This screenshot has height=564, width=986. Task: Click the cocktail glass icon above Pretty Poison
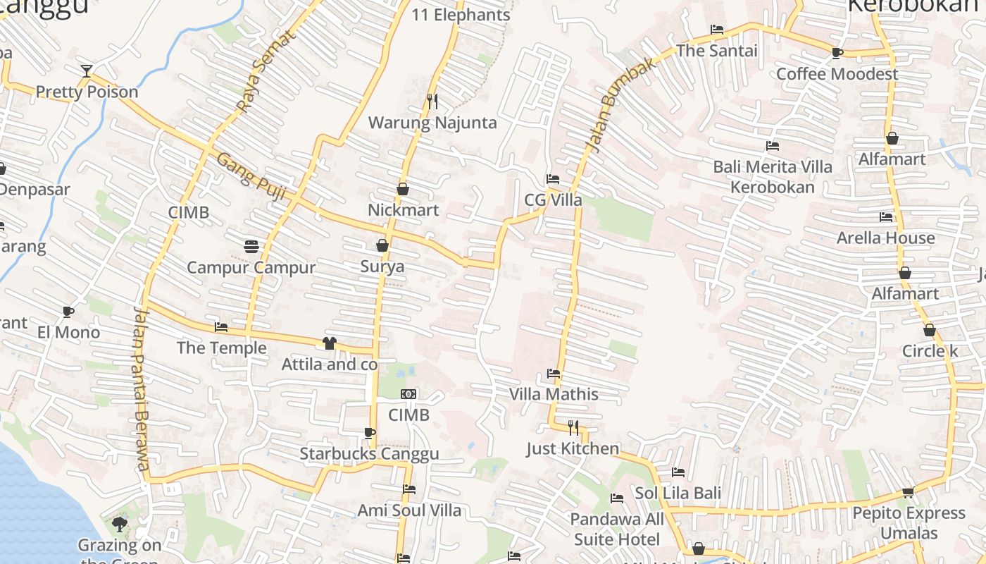click(86, 70)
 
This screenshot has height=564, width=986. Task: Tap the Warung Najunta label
click(432, 123)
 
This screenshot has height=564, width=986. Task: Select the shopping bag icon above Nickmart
click(403, 189)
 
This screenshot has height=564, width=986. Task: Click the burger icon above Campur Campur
click(251, 246)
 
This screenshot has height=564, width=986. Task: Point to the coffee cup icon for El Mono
click(68, 312)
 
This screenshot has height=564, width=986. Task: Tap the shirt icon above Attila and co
click(329, 343)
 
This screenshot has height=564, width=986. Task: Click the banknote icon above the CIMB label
click(408, 394)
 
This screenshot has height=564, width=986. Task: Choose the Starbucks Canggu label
click(369, 453)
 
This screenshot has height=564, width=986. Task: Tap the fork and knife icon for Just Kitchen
click(573, 427)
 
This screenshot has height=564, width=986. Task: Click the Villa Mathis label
click(554, 394)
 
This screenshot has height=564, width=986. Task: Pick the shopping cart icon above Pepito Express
click(909, 492)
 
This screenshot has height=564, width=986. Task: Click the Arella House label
click(885, 238)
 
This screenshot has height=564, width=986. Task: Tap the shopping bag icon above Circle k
click(930, 330)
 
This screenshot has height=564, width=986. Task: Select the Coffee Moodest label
click(837, 74)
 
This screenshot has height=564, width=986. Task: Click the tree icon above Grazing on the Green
click(120, 524)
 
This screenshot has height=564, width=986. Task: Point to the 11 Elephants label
click(461, 15)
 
